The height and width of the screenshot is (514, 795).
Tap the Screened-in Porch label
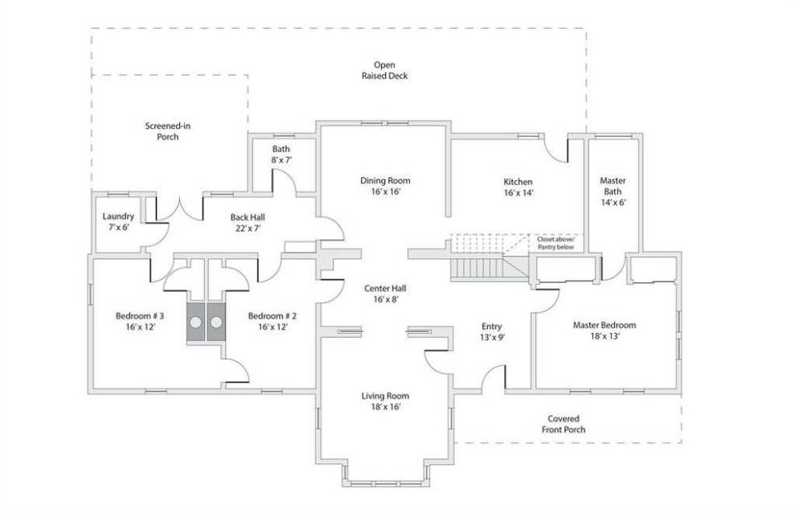[x=168, y=131]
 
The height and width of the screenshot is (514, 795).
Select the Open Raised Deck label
[x=385, y=70]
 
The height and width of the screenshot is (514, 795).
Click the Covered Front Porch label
[x=563, y=424]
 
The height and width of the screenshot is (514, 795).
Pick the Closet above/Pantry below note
[x=556, y=243]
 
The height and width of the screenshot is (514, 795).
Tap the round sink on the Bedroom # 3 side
[x=195, y=323]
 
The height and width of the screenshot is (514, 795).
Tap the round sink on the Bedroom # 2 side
[x=216, y=323]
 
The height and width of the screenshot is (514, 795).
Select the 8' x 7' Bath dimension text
[x=281, y=160]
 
